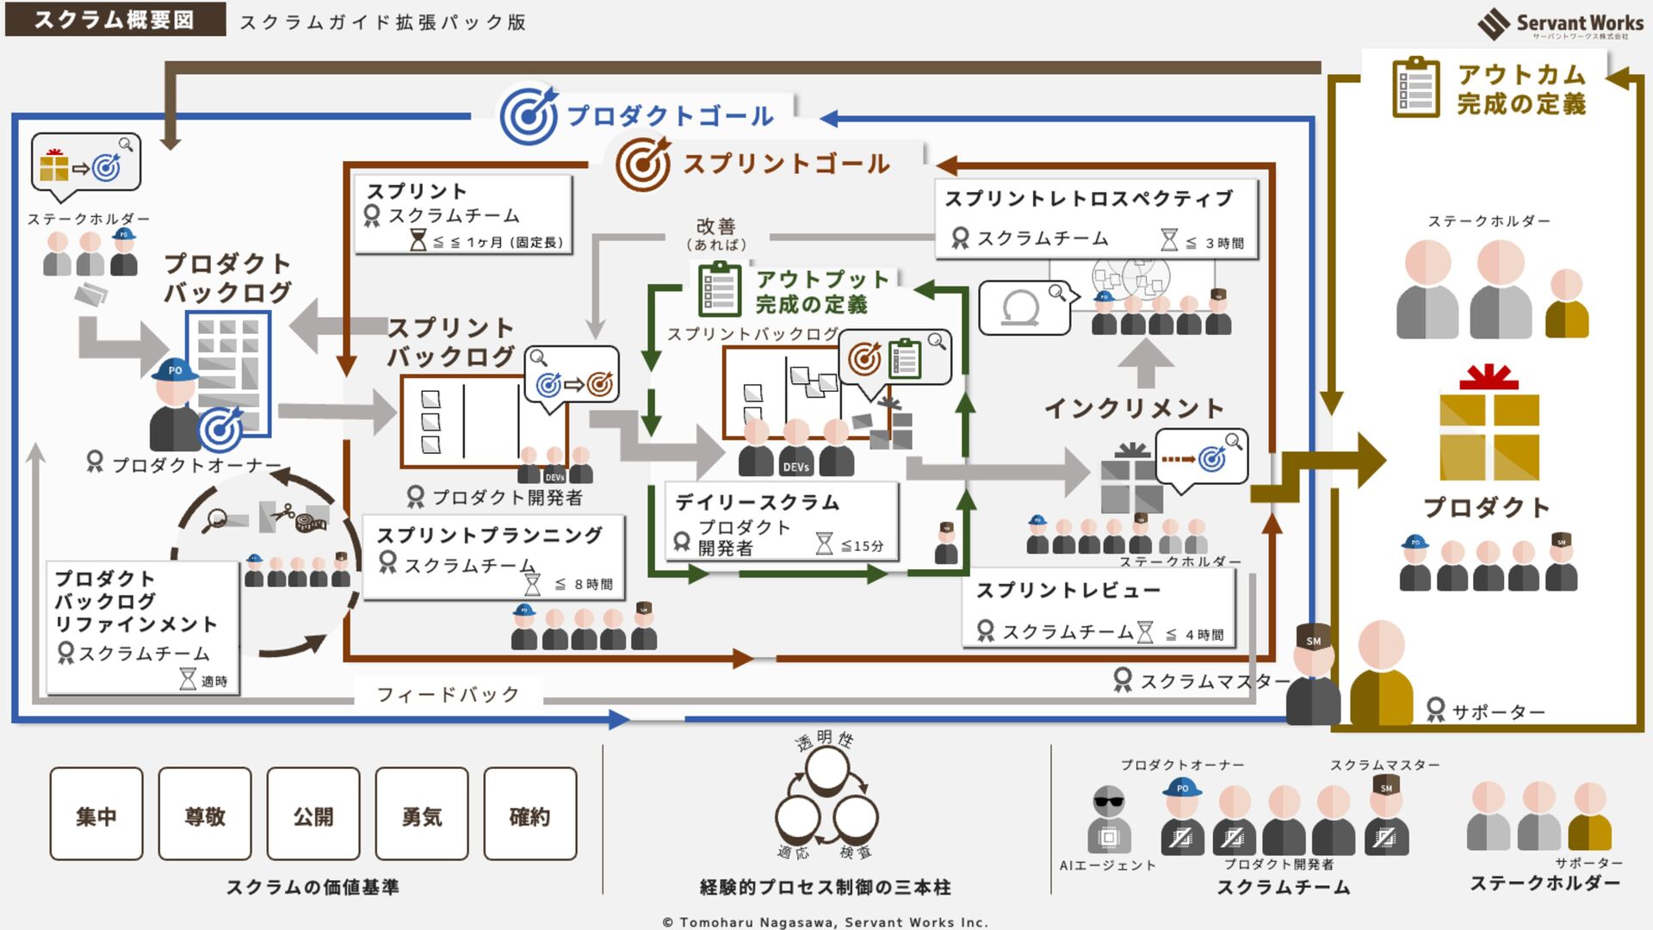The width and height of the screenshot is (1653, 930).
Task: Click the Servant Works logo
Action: click(x=1559, y=23)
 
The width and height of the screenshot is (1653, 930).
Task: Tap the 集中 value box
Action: click(x=96, y=815)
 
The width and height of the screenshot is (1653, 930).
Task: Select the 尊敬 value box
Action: click(x=205, y=815)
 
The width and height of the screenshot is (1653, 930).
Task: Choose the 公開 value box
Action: click(x=313, y=815)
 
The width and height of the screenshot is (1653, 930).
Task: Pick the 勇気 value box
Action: click(x=422, y=815)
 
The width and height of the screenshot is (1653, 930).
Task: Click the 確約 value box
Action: click(x=530, y=815)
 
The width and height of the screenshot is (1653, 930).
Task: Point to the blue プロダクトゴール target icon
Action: click(x=529, y=115)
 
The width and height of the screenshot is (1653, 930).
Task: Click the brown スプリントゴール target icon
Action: click(x=643, y=163)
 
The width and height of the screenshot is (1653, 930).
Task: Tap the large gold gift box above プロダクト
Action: click(x=1489, y=432)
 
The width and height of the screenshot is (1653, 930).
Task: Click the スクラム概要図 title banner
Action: click(x=115, y=19)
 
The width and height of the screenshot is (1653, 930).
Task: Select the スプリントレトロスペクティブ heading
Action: click(x=1089, y=199)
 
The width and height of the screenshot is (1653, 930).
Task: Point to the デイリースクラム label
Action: click(x=758, y=502)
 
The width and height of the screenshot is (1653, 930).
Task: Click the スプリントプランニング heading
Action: click(x=490, y=535)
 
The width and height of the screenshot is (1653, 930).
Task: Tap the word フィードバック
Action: click(x=449, y=694)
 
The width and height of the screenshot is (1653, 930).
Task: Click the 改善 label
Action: click(x=716, y=226)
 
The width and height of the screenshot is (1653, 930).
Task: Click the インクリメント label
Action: click(x=1134, y=408)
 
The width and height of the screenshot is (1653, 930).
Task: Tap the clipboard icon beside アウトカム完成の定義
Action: click(x=1415, y=88)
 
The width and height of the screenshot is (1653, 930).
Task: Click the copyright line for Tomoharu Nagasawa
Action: click(x=826, y=922)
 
